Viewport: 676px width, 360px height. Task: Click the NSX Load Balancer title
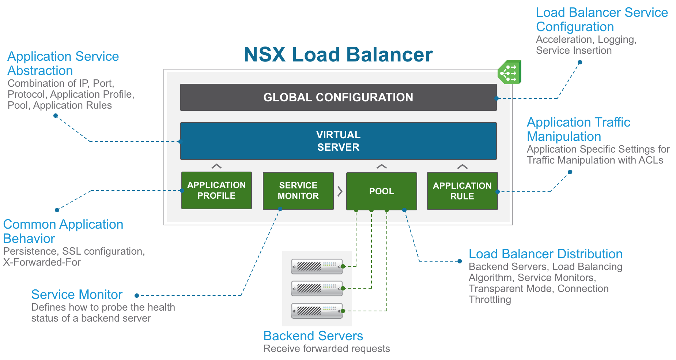(x=338, y=55)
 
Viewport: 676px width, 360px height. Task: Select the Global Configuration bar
(x=338, y=97)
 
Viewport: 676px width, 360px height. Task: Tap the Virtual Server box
(x=338, y=141)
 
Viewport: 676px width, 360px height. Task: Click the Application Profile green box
(x=216, y=190)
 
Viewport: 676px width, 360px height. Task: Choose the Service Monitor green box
(x=298, y=191)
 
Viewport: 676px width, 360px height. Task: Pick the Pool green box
(x=381, y=191)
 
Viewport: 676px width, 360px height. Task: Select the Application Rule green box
(x=462, y=191)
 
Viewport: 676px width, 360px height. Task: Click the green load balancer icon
(x=510, y=72)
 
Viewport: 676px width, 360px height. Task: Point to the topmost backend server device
(x=317, y=266)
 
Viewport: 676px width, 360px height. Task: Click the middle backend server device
(x=317, y=288)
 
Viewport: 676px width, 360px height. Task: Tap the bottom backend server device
(x=317, y=311)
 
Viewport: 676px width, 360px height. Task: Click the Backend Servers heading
(x=313, y=336)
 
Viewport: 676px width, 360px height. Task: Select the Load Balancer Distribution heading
(x=545, y=254)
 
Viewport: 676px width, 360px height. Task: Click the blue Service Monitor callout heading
(x=77, y=295)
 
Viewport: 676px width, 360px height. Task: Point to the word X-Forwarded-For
(x=42, y=262)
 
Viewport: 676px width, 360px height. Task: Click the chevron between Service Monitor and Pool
(x=340, y=191)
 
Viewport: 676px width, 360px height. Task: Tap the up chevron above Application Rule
(x=462, y=166)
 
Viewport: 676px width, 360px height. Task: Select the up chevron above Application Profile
(x=216, y=166)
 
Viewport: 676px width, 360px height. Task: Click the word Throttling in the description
(x=490, y=300)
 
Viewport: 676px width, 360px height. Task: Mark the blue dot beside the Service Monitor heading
(x=137, y=296)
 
